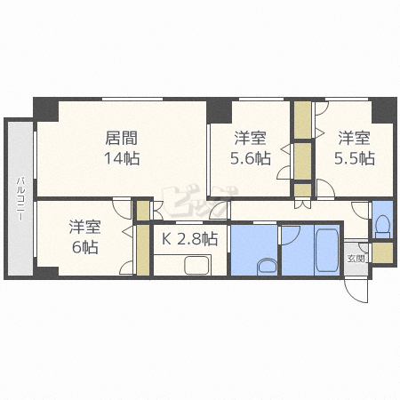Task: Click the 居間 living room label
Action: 122,138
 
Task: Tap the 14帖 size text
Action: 122,158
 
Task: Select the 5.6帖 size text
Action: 251,158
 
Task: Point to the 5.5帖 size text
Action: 355,158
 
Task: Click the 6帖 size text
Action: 85,247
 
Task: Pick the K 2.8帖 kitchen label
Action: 190,238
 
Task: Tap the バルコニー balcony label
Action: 20,198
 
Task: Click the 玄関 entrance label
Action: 356,259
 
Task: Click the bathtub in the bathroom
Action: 327,250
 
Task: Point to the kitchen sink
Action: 197,265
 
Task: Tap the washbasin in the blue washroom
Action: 267,266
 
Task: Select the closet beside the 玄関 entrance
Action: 382,252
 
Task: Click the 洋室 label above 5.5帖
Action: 355,138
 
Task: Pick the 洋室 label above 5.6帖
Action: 251,138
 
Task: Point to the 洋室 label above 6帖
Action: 85,227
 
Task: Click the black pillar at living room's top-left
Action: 45,109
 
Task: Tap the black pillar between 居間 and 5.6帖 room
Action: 219,110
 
